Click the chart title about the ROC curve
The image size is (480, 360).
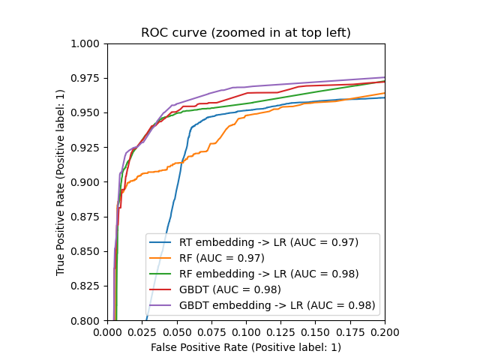pos(246,33)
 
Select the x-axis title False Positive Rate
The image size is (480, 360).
pos(246,347)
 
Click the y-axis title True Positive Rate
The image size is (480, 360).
pos(61,181)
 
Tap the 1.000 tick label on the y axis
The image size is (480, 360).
pos(87,43)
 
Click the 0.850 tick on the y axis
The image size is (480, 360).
pos(87,251)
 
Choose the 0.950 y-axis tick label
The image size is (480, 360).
pos(87,112)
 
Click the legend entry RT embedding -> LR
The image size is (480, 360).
pos(268,242)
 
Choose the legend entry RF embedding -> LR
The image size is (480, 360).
pos(268,274)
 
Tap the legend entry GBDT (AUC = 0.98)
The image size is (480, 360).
pos(230,289)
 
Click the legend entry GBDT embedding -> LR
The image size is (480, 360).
pos(277,305)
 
